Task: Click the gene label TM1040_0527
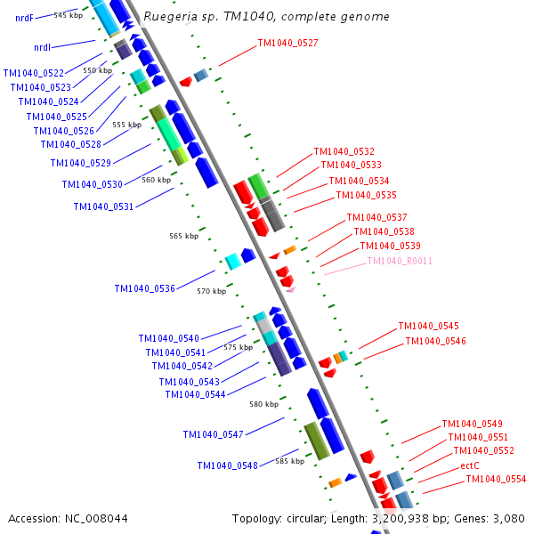[287, 43]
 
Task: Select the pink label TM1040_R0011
[400, 261]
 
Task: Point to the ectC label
[470, 465]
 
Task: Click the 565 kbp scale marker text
[183, 236]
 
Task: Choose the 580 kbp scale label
[263, 404]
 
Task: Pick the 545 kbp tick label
[68, 15]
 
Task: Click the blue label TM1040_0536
[144, 288]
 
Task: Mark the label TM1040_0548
[227, 465]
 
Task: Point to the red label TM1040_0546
[435, 341]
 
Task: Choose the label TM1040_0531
[103, 206]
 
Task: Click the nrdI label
[42, 47]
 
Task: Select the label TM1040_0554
[496, 479]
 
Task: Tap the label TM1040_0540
[168, 338]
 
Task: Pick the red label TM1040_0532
[344, 151]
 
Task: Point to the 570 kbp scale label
[211, 291]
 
